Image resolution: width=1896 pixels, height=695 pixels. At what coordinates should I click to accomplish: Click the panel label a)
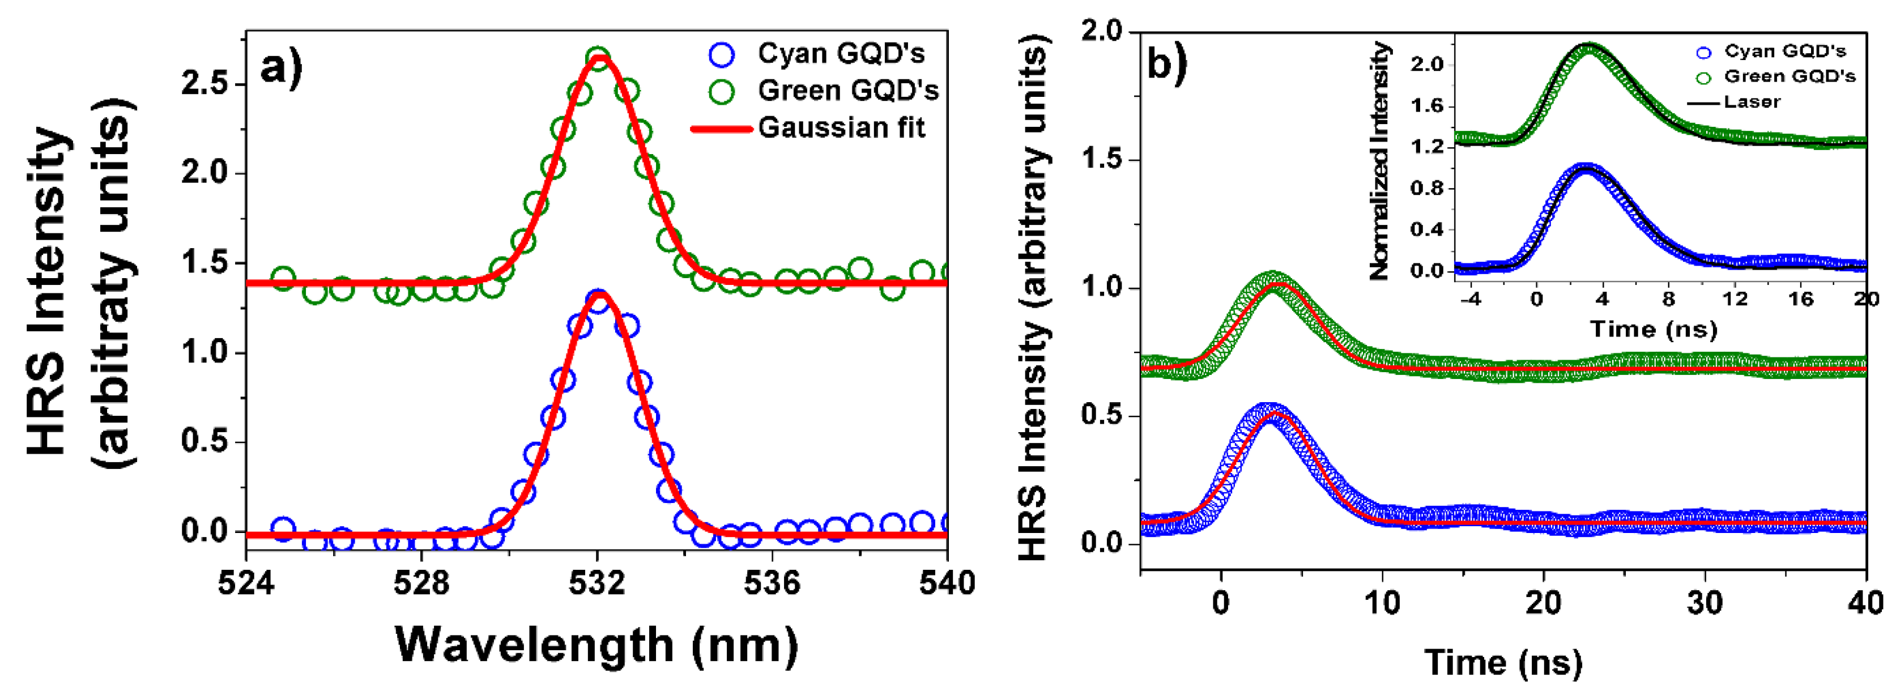pos(281,69)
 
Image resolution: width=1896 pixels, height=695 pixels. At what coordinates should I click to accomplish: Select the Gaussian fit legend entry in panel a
pos(841,128)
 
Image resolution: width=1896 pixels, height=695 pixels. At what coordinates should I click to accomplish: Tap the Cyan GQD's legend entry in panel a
pos(841,54)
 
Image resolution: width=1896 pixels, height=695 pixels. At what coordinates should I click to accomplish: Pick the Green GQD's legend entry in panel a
pos(848,91)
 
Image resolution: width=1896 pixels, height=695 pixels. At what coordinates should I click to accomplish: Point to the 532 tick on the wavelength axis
pos(598,583)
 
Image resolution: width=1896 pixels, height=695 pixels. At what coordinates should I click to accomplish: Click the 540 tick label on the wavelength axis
pos(947,583)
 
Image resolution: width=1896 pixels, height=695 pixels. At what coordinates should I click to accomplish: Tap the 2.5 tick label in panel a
pos(204,83)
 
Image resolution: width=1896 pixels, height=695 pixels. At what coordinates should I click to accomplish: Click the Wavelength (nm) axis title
pos(596,645)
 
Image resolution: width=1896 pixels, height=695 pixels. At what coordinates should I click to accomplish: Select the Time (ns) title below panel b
pos(1503,662)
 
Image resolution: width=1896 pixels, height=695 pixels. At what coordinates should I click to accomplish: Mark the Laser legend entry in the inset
pos(1751,101)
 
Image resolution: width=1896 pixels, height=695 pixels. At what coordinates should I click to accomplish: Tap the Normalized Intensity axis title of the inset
pos(1379,160)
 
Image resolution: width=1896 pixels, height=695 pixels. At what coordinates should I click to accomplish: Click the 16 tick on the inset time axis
pos(1801,300)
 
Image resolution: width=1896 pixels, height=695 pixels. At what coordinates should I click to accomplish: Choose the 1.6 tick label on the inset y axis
pos(1427,106)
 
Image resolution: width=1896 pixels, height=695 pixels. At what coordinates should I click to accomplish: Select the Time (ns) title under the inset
pos(1653,329)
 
